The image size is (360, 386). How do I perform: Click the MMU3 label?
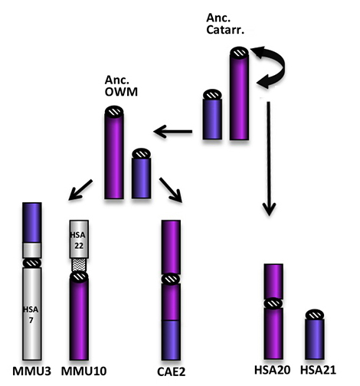click(31, 371)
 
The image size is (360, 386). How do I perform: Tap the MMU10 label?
click(83, 371)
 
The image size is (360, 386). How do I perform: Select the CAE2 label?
click(171, 371)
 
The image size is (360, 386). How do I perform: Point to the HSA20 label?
click(272, 370)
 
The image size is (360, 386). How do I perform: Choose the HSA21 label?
click(318, 370)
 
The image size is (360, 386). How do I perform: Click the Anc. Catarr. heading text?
click(225, 24)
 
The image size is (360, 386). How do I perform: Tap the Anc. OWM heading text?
click(121, 86)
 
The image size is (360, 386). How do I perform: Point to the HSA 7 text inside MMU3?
click(31, 315)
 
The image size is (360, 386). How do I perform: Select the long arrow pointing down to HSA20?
click(269, 159)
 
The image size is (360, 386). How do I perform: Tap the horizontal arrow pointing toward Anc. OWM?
click(172, 132)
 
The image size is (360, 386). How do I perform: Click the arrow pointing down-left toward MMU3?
click(80, 190)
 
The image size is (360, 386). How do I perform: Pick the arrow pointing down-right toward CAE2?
click(171, 190)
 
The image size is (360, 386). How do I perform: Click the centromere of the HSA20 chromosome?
click(273, 303)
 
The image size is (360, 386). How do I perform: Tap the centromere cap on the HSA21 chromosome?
click(315, 315)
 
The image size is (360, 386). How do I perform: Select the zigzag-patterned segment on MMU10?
click(79, 265)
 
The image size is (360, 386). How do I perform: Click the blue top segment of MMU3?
click(32, 222)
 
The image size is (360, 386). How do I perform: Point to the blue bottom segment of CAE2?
click(171, 340)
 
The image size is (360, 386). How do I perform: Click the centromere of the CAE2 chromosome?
click(171, 279)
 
